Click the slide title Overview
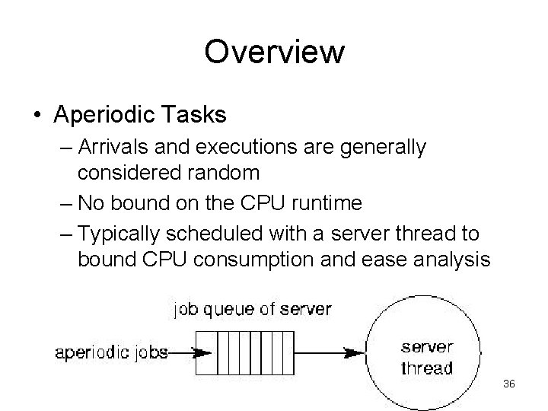pyautogui.click(x=274, y=52)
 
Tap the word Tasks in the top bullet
pyautogui.click(x=196, y=115)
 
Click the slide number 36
pyautogui.click(x=509, y=384)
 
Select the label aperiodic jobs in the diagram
pyautogui.click(x=112, y=352)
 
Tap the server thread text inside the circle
pyautogui.click(x=426, y=358)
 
